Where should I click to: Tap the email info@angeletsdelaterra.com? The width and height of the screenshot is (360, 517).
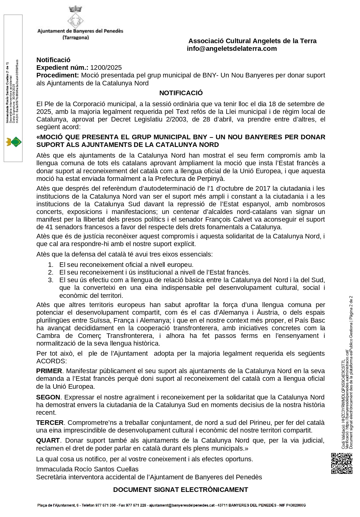[x=232, y=49]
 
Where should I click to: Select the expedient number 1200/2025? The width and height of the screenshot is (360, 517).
[x=106, y=68]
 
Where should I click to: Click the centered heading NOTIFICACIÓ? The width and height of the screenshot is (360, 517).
[x=181, y=93]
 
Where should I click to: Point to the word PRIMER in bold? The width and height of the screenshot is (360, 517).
[x=49, y=371]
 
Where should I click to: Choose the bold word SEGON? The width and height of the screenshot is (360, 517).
[x=48, y=397]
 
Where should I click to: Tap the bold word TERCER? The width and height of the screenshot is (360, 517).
[x=50, y=422]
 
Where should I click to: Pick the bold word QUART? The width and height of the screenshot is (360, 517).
[x=48, y=440]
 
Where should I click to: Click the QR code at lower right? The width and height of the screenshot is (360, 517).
[x=342, y=463]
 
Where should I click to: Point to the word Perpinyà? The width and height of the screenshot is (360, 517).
[x=211, y=179]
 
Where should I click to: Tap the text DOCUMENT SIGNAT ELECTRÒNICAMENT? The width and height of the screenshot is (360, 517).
[x=180, y=489]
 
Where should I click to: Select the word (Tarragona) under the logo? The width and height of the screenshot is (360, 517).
[x=76, y=38]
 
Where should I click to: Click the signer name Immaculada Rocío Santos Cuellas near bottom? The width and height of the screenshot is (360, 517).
[x=87, y=469]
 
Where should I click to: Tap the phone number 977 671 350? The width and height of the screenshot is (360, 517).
[x=105, y=505]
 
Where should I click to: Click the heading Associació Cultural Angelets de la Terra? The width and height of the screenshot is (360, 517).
[x=252, y=41]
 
